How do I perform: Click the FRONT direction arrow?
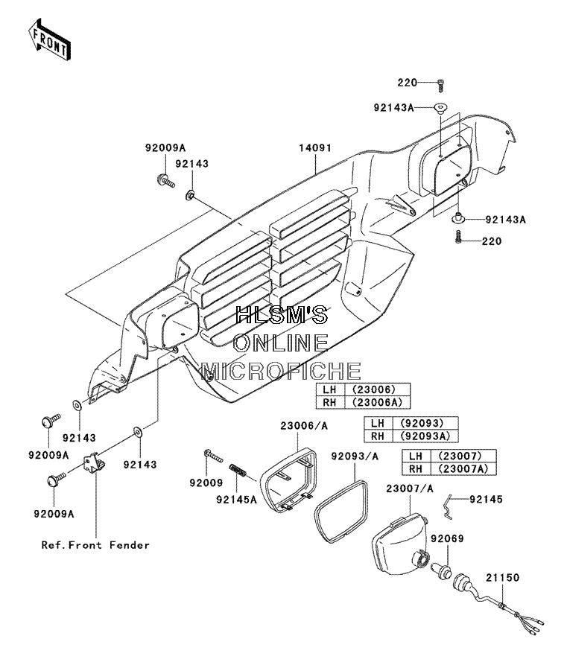[48, 39]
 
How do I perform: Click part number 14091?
[315, 148]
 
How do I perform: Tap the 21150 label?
[502, 578]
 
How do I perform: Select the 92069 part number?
[447, 538]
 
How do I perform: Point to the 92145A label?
[237, 500]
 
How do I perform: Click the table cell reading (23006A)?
[377, 402]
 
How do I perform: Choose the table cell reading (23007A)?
[463, 468]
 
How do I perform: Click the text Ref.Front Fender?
[95, 545]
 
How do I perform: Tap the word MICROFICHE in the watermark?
[281, 371]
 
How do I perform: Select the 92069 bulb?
[441, 570]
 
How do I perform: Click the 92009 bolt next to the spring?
[213, 456]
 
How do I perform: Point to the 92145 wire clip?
[449, 507]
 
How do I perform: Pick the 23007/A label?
[410, 489]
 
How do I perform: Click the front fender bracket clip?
[95, 462]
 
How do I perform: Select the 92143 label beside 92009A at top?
[192, 164]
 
